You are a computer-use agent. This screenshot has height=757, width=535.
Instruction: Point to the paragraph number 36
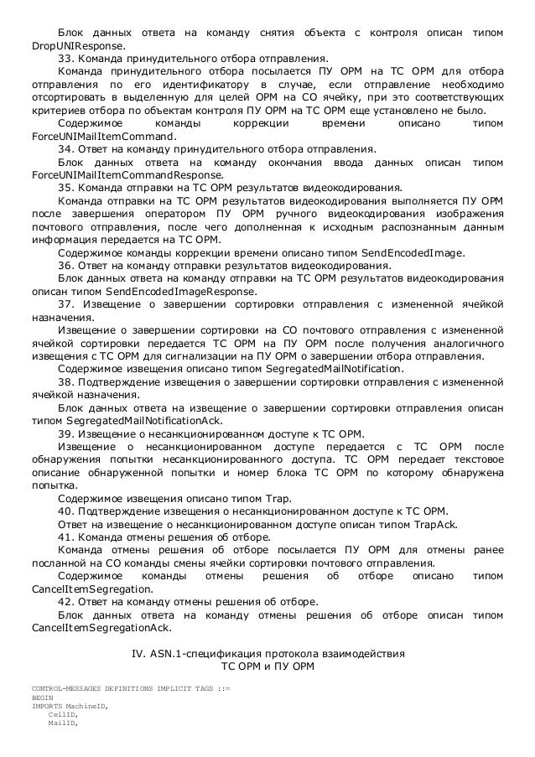click(x=65, y=266)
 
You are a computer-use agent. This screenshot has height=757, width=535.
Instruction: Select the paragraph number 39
click(x=65, y=433)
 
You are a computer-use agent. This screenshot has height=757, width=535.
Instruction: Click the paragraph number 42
click(x=65, y=602)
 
